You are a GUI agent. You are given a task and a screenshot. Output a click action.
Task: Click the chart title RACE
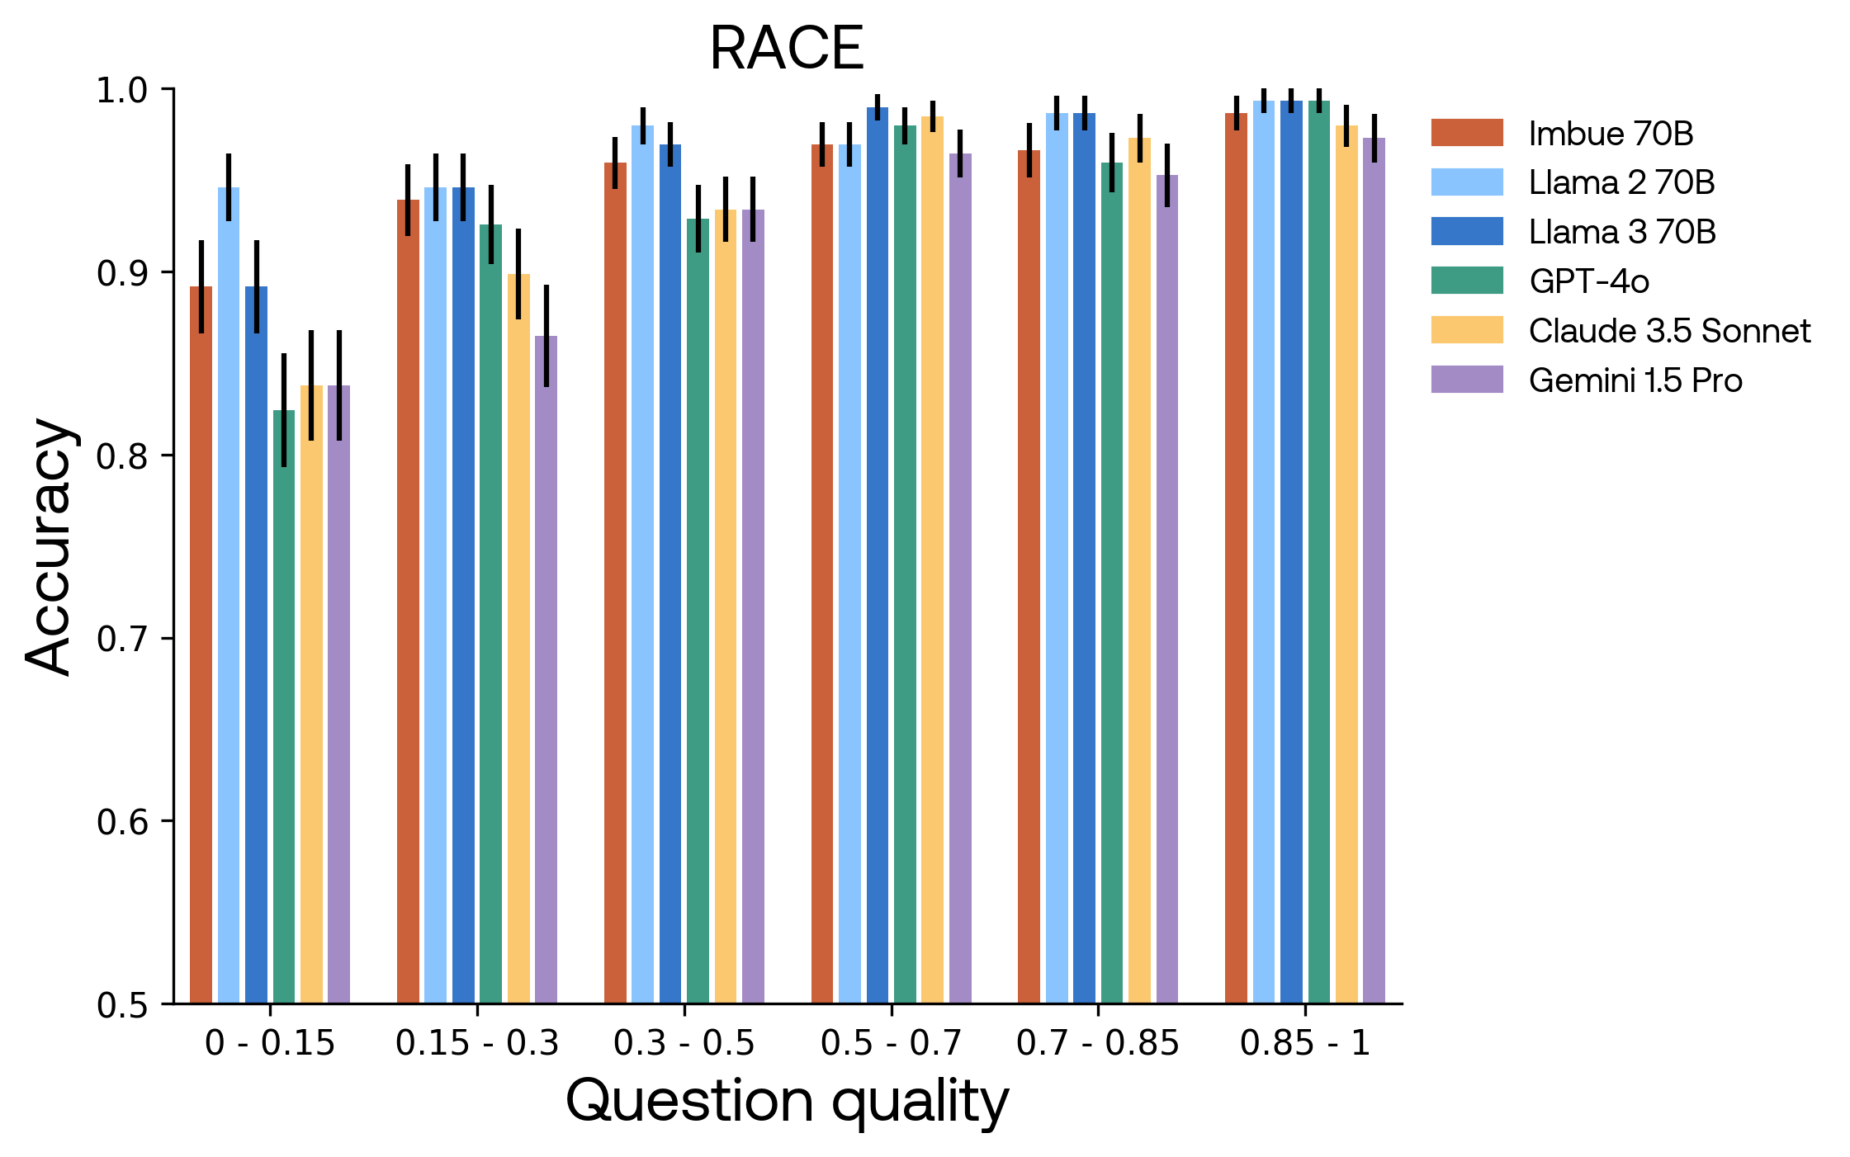[786, 48]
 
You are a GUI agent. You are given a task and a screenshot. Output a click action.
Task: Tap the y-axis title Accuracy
[50, 546]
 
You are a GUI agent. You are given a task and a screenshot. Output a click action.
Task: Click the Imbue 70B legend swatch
[1467, 133]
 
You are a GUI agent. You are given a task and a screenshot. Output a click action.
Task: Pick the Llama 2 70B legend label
[1621, 182]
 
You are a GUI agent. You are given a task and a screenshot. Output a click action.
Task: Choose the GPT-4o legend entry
[1588, 281]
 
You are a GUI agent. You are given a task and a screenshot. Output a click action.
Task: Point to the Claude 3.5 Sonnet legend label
[1669, 331]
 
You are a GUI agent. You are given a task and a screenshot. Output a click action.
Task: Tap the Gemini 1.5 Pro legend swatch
[1467, 380]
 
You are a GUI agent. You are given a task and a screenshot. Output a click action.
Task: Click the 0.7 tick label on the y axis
[122, 639]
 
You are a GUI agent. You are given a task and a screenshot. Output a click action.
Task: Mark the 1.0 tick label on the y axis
[122, 90]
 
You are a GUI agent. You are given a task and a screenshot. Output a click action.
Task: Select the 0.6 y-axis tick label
[122, 822]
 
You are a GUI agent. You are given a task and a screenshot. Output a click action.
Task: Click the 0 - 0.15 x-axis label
[270, 1044]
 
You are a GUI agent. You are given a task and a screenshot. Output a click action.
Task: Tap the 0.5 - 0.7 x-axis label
[891, 1044]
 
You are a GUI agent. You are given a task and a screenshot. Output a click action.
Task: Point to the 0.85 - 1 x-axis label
[1305, 1044]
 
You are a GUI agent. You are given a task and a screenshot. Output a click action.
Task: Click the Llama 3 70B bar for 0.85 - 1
[1291, 552]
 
